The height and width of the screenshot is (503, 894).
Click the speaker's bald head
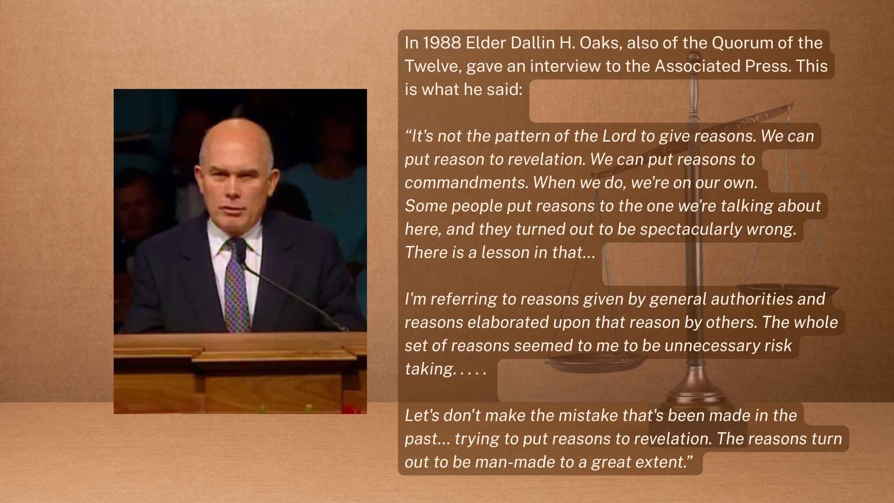[x=236, y=140]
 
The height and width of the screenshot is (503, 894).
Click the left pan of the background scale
[x=596, y=360]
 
